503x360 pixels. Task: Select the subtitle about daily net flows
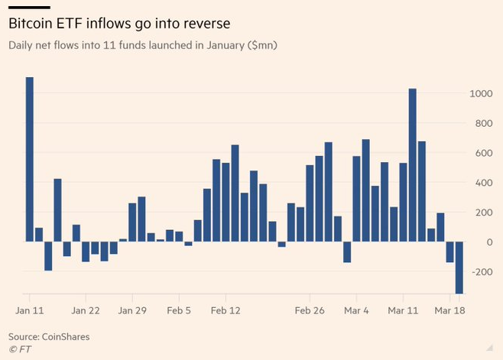(x=142, y=46)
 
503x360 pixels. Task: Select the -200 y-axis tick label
(x=480, y=272)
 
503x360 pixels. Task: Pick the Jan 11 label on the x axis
(x=28, y=311)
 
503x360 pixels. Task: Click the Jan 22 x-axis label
(x=86, y=311)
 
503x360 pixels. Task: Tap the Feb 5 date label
(x=179, y=311)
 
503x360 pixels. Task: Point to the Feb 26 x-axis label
(x=310, y=311)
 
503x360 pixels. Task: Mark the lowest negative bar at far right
(x=459, y=268)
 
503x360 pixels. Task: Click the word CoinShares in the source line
(x=67, y=336)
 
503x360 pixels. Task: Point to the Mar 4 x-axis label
(x=356, y=311)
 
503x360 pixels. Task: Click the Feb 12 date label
(x=226, y=311)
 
